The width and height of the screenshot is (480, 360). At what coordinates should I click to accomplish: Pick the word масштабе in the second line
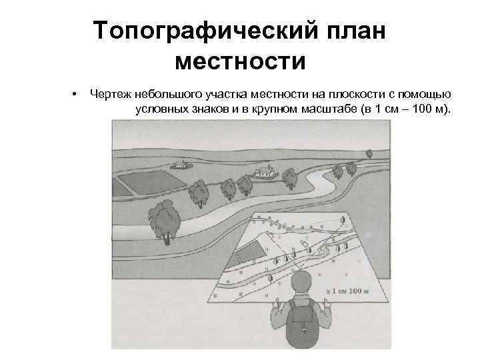click(329, 107)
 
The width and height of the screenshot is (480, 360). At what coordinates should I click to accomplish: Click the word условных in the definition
click(158, 107)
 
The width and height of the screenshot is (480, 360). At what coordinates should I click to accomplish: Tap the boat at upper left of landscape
click(179, 165)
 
